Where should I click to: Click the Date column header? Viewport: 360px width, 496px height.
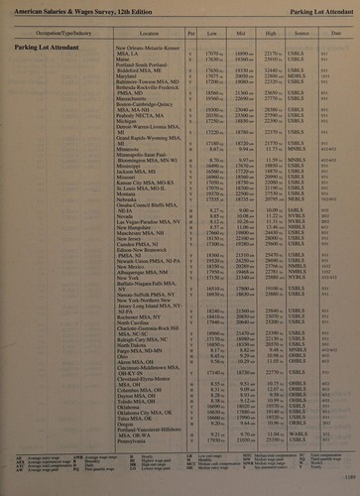(x=335, y=34)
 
